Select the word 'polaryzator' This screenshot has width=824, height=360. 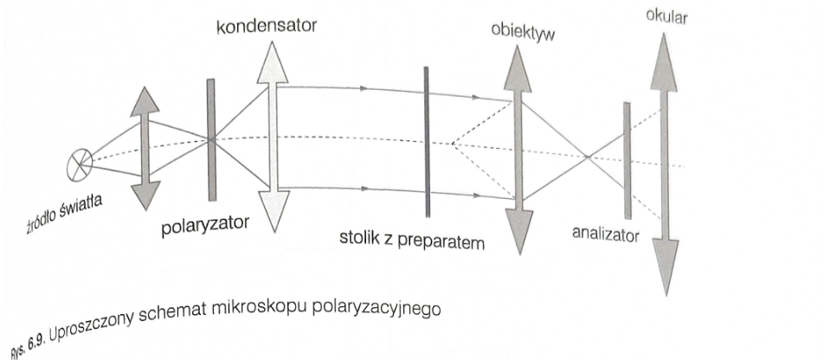point(204,226)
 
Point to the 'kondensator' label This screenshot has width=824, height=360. point(267,27)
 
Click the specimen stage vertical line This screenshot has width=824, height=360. point(427,141)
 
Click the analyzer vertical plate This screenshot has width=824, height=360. point(627,159)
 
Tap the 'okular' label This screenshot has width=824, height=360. point(666,16)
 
